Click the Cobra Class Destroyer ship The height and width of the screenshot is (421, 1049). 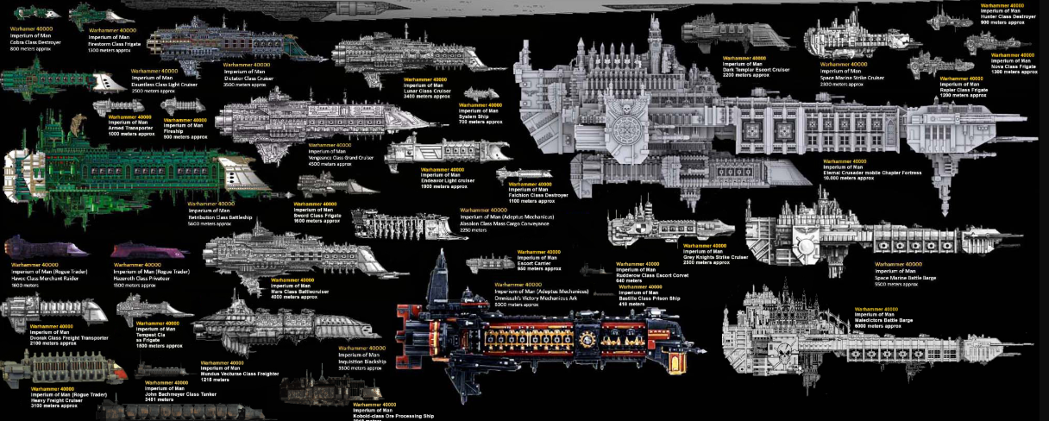tap(35, 13)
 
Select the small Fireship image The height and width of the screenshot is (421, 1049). tap(183, 105)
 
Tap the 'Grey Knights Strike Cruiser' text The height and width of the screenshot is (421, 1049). tap(715, 256)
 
